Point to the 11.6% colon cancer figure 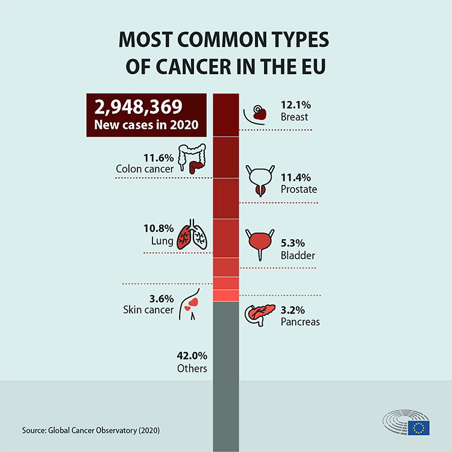159,159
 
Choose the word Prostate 299,189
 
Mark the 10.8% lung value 159,230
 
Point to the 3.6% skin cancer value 162,298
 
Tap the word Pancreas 300,322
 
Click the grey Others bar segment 227,374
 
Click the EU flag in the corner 418,427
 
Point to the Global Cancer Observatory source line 91,430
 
